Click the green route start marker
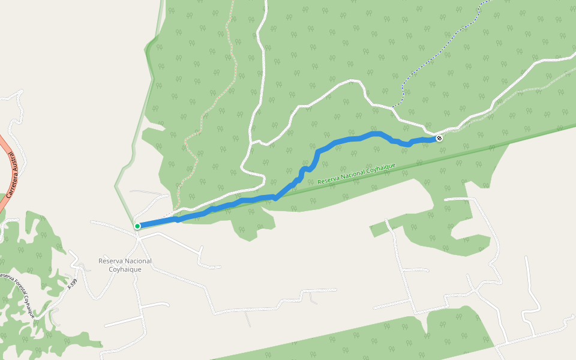[x=137, y=226]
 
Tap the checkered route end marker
[x=439, y=138]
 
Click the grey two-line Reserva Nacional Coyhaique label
[x=125, y=265]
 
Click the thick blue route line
[x=348, y=139]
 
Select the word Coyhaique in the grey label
[x=125, y=269]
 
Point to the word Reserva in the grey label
[x=110, y=261]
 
